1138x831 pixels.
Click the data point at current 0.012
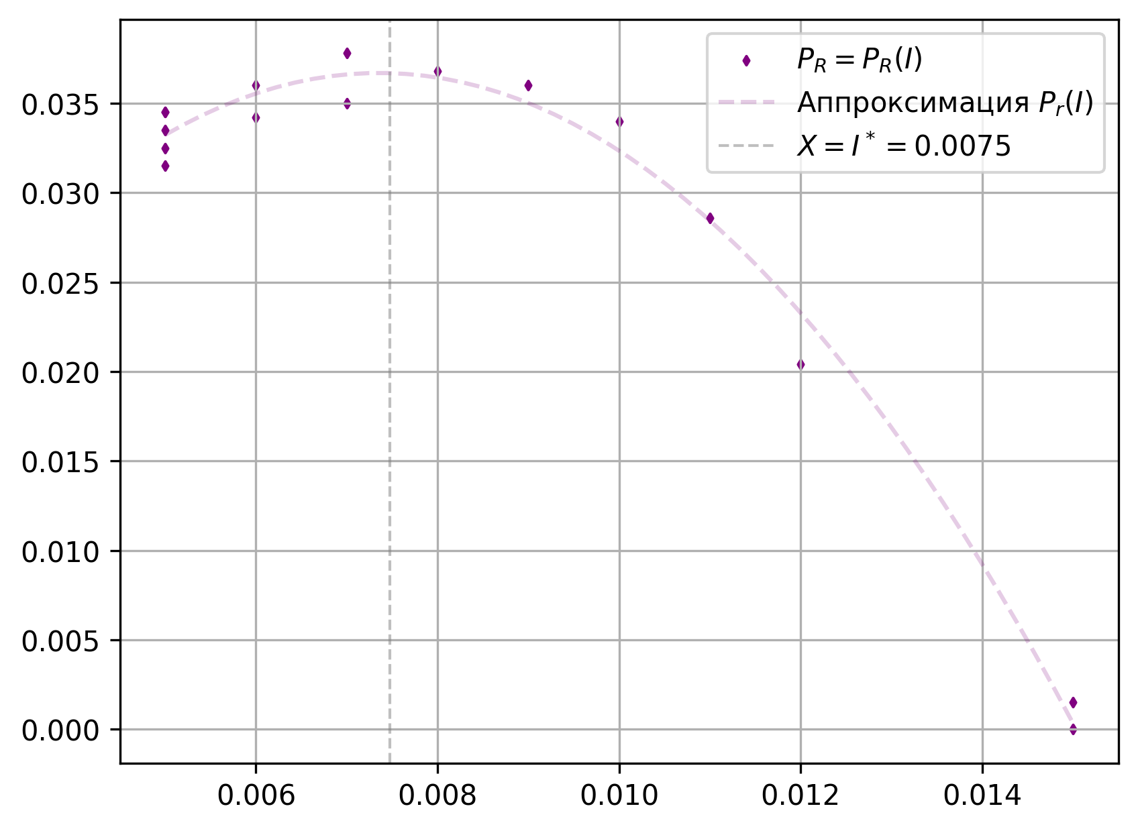coord(800,364)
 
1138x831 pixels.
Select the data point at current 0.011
coord(710,218)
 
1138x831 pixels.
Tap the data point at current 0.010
coord(619,121)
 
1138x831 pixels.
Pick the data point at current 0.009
coord(528,85)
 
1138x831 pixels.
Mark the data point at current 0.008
coord(437,71)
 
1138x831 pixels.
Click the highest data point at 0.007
coord(347,53)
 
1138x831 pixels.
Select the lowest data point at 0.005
coord(165,166)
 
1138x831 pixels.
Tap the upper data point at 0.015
coord(1073,702)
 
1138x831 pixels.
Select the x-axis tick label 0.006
coord(256,795)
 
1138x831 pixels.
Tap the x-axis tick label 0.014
coord(982,795)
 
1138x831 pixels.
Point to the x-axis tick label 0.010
coord(619,795)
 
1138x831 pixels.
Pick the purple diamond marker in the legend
coord(746,61)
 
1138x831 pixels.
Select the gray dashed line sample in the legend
coord(746,146)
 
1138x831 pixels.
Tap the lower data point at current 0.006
coord(256,117)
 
